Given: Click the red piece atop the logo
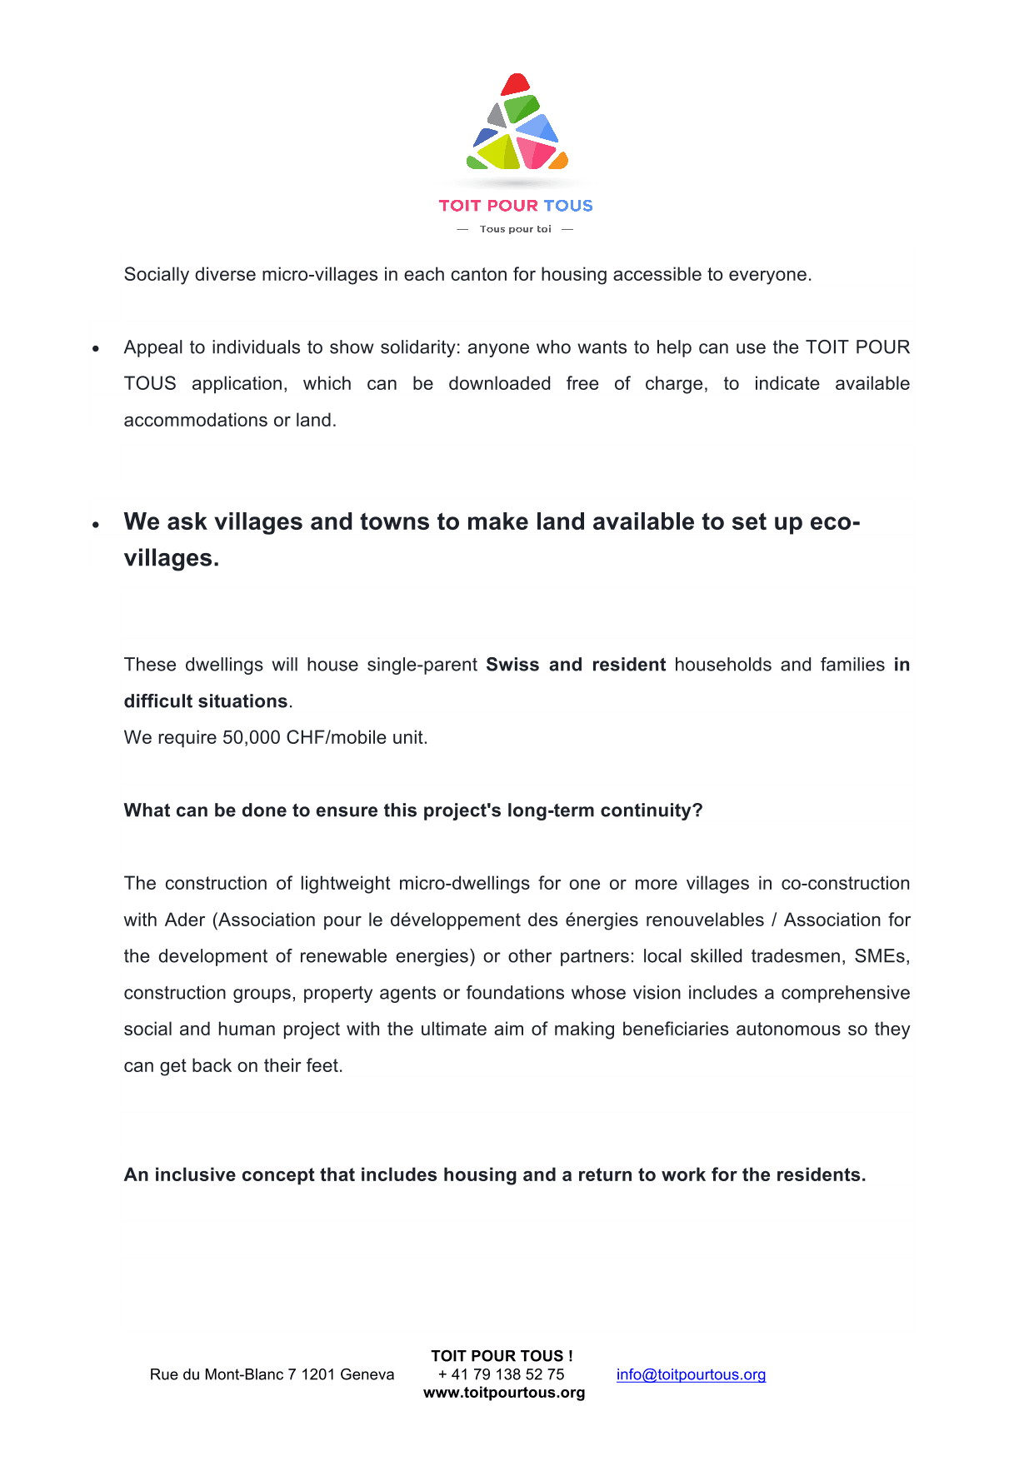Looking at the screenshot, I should [x=515, y=84].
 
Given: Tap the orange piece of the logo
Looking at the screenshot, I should [x=559, y=161].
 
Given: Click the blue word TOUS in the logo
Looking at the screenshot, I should [x=568, y=206].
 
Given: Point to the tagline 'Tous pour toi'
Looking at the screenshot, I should [x=515, y=229].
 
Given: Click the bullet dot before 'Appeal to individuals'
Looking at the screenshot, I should [x=97, y=349].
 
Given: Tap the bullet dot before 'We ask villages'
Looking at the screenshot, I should [x=97, y=525].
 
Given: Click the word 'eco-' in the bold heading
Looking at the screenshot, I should [x=835, y=522].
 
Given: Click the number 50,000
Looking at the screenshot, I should [x=251, y=738].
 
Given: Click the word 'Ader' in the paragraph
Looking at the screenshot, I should [x=184, y=920].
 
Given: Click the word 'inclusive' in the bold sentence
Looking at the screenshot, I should [x=194, y=1175].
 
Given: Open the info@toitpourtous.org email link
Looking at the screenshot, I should [x=691, y=1374].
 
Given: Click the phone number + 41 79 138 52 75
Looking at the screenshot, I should [x=502, y=1374].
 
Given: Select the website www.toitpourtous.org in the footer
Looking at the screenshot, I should [x=504, y=1393].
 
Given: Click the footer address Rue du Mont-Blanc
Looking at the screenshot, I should [x=272, y=1374].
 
